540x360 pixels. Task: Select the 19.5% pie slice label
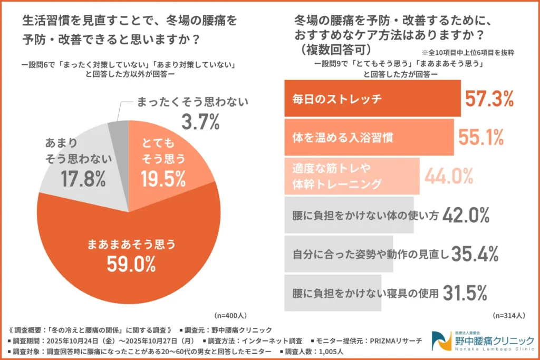coord(163,179)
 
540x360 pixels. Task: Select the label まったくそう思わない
coord(192,102)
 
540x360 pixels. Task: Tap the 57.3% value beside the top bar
coord(489,99)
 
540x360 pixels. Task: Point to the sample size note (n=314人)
coord(509,315)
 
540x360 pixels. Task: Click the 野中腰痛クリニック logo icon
coord(441,341)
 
